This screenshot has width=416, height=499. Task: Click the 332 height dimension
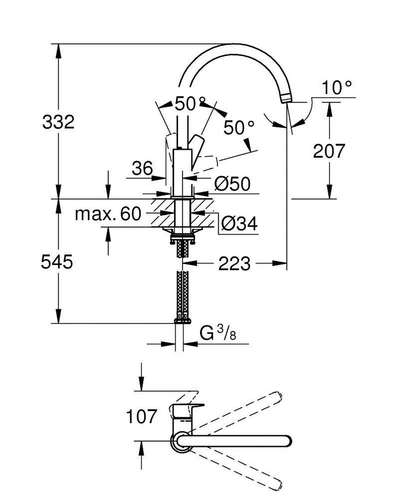click(58, 122)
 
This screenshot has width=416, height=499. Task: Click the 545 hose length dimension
click(57, 261)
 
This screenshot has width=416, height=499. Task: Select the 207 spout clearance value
click(329, 151)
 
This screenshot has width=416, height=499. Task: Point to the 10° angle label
click(337, 88)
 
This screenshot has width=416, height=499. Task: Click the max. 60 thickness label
click(108, 214)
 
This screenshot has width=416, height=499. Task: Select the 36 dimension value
click(142, 169)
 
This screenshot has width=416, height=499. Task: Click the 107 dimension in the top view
click(141, 416)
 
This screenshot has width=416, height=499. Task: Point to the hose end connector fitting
click(182, 320)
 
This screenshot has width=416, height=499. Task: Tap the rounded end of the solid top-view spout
click(287, 441)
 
